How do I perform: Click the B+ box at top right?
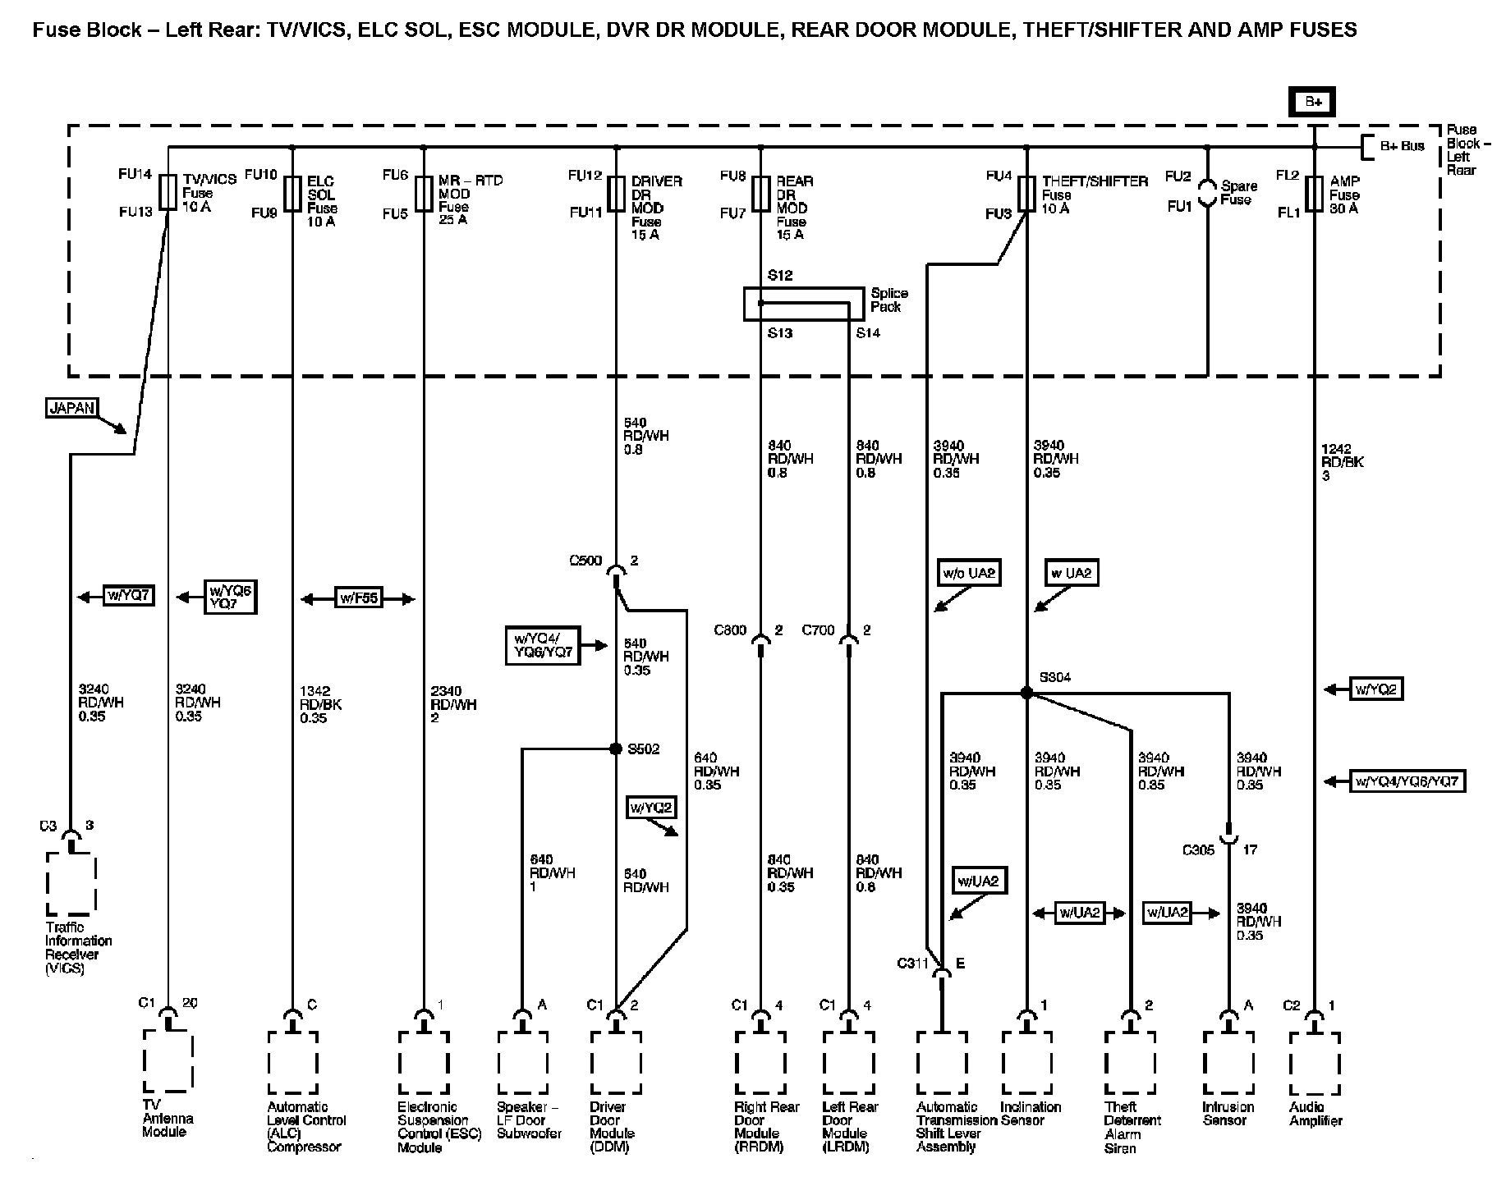1314,103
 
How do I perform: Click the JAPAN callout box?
72,407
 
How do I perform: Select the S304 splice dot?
1026,693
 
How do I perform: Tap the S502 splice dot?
616,749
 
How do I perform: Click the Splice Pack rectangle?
803,304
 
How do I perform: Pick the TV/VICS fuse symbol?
168,192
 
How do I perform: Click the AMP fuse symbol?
1315,194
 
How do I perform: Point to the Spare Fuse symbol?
1207,194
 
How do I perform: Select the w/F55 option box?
359,598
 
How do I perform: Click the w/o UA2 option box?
970,573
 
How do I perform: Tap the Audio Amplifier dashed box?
1314,1064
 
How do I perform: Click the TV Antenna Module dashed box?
168,1061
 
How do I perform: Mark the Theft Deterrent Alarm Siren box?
1130,1064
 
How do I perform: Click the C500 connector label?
585,561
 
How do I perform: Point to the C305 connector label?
1198,850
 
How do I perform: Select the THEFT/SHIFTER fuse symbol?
1026,194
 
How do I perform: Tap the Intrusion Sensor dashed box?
1228,1064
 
